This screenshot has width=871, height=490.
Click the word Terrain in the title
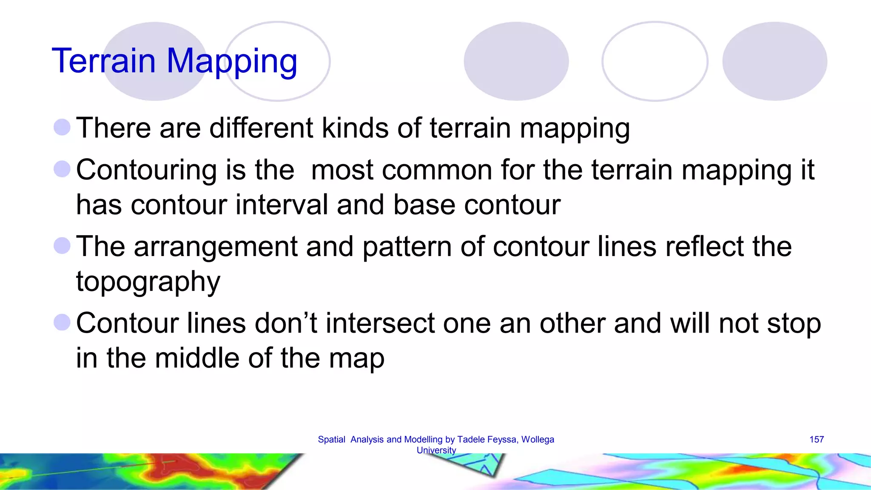point(104,61)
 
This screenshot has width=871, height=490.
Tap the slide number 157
point(817,439)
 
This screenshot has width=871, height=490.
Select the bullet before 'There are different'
point(62,127)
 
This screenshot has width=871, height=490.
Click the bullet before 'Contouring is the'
point(62,169)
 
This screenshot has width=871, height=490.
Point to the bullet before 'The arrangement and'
point(62,245)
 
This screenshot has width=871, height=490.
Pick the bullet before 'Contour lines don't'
point(62,322)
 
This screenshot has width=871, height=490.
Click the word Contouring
point(146,170)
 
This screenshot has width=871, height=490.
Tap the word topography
point(148,282)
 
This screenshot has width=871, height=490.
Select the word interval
point(282,205)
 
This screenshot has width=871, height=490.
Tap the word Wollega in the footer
point(538,439)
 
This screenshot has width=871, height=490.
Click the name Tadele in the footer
point(471,439)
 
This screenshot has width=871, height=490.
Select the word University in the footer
point(436,450)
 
